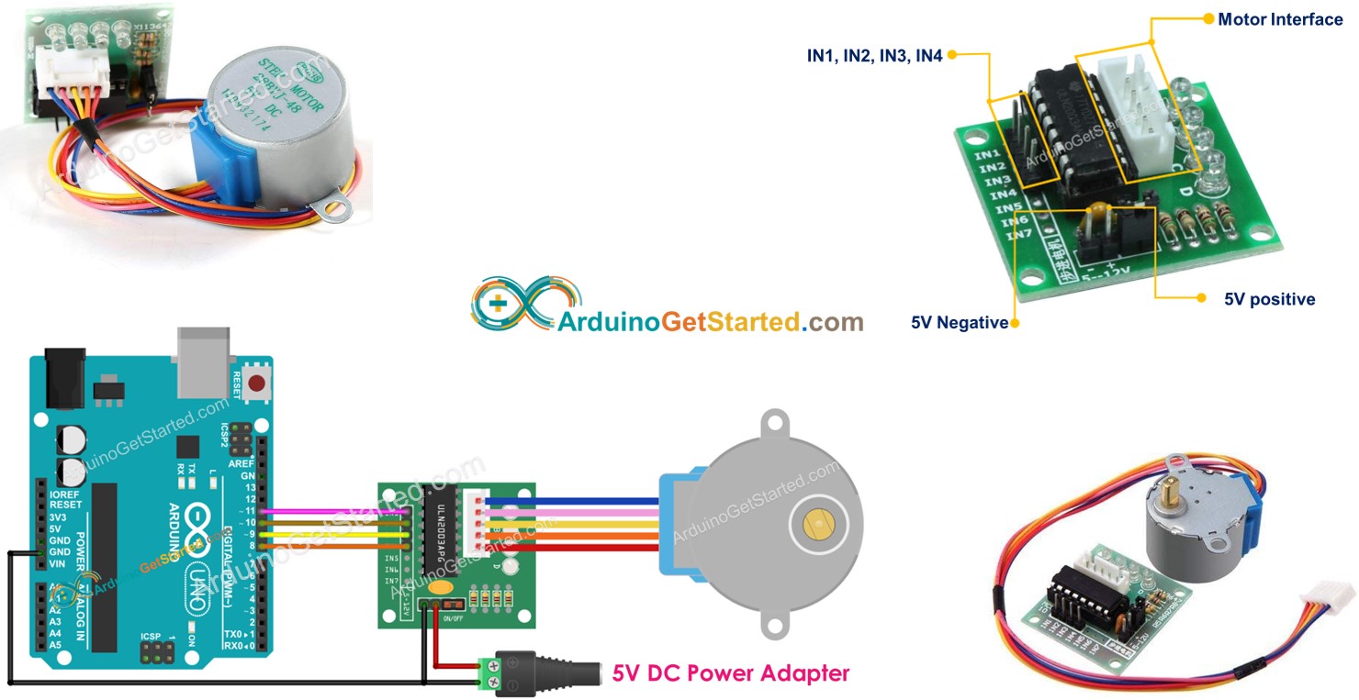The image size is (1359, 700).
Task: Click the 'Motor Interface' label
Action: [1280, 19]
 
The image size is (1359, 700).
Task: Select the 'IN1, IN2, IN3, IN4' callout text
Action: [874, 56]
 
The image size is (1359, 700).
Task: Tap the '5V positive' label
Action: [1269, 299]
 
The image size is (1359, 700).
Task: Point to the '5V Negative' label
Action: [960, 323]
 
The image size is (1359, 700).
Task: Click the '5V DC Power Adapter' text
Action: [730, 672]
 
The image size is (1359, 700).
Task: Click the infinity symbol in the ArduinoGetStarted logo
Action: [526, 304]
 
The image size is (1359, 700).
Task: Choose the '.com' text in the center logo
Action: [832, 322]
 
